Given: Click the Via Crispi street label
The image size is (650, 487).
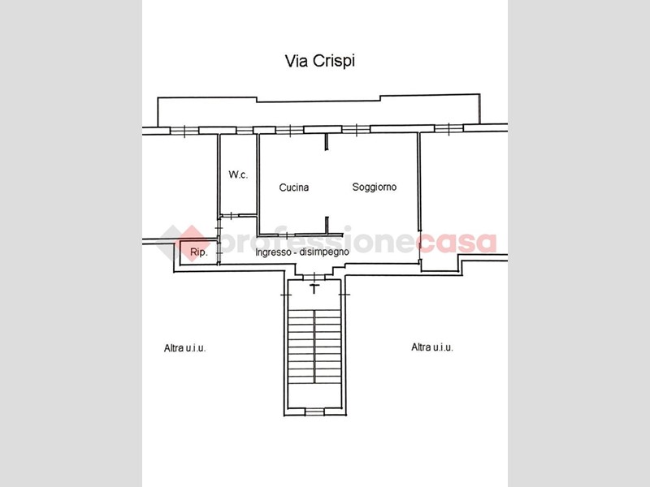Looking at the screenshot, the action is (319, 61).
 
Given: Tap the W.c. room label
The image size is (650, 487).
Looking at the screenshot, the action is (238, 175).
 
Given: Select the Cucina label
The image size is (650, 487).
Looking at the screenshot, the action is (294, 187).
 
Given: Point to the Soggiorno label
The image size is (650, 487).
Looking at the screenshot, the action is (375, 187).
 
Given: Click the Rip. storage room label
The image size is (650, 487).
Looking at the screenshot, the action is (198, 252).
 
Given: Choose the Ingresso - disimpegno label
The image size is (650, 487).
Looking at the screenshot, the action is (302, 252).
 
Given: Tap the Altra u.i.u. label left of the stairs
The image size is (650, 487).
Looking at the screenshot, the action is (185, 348).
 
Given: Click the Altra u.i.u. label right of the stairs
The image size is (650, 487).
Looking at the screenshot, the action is (432, 347).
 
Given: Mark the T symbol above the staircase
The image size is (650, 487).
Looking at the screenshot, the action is (314, 289).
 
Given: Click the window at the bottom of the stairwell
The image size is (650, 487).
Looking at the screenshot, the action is (314, 412).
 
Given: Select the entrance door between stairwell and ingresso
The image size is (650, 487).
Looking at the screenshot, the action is (314, 277).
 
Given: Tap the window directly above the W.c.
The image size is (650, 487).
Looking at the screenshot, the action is (245, 131).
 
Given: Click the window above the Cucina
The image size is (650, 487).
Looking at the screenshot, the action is (289, 130).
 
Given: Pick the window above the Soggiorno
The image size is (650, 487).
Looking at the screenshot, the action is (356, 130).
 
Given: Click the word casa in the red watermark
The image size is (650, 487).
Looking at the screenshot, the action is (457, 242).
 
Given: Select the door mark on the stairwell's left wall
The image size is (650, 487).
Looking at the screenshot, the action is (286, 295).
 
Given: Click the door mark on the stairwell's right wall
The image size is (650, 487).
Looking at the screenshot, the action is (344, 295).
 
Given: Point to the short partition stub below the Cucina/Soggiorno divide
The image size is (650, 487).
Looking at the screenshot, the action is (327, 226).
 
